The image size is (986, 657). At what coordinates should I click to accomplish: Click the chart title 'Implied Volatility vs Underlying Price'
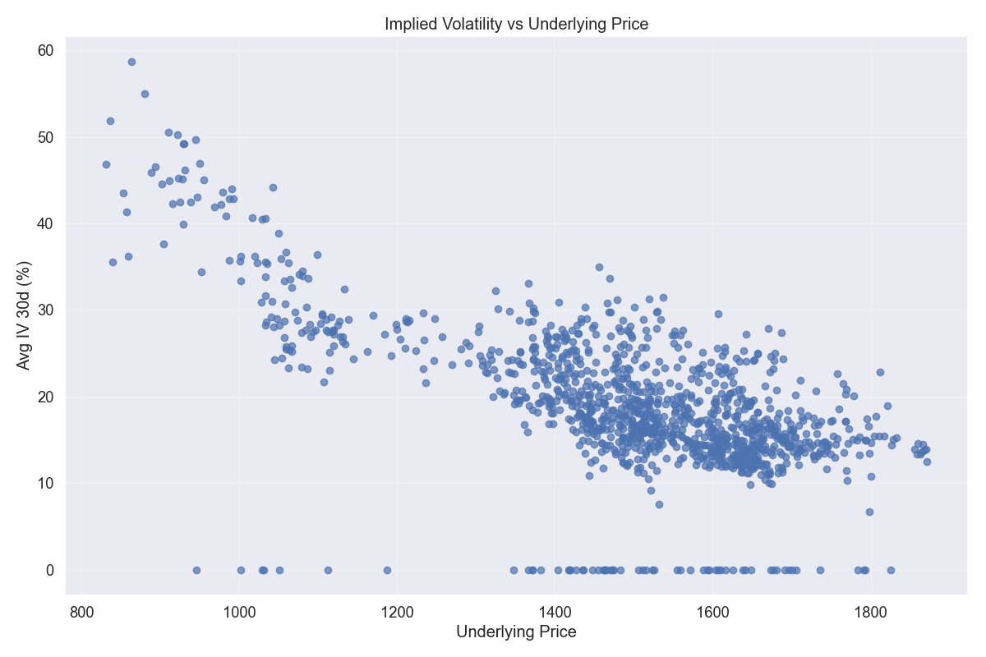pyautogui.click(x=516, y=25)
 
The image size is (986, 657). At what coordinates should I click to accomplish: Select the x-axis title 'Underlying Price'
pyautogui.click(x=516, y=632)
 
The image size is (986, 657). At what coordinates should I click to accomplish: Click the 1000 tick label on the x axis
pyautogui.click(x=240, y=611)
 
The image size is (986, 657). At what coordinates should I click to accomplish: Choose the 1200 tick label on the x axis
pyautogui.click(x=398, y=611)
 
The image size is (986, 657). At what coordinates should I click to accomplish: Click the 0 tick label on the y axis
pyautogui.click(x=49, y=570)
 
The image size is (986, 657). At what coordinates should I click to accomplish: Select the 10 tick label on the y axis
pyautogui.click(x=46, y=484)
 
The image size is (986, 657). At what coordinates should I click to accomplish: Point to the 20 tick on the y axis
pyautogui.click(x=46, y=397)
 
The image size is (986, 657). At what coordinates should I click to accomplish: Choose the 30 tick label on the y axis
pyautogui.click(x=46, y=310)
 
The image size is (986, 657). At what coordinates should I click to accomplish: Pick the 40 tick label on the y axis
pyautogui.click(x=46, y=223)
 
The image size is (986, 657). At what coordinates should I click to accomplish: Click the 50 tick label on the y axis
pyautogui.click(x=46, y=137)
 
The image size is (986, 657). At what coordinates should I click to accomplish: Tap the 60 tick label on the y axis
pyautogui.click(x=46, y=51)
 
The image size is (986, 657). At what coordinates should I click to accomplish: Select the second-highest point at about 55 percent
pyautogui.click(x=145, y=94)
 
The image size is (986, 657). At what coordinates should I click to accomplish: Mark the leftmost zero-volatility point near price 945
pyautogui.click(x=196, y=570)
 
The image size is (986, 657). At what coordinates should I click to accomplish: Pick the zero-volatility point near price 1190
pyautogui.click(x=387, y=570)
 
